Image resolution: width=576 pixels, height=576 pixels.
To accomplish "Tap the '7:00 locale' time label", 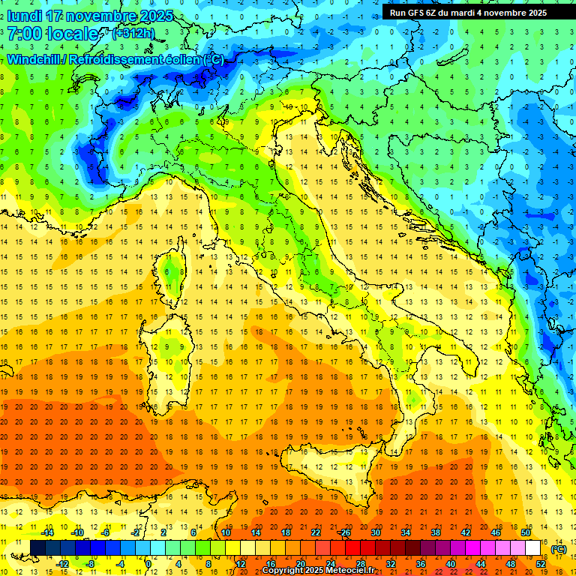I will (53, 33).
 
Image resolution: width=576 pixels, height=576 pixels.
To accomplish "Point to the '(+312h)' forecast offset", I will (133, 33).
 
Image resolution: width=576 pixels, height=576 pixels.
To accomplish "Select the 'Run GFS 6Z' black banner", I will (468, 12).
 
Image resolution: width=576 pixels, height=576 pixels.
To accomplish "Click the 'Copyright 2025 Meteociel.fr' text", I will (318, 571).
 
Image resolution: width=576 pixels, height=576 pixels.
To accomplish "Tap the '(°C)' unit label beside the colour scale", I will (558, 549).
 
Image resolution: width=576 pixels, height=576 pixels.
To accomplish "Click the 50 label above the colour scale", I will (526, 532).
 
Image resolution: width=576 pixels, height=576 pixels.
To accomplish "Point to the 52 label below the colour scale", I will (541, 563).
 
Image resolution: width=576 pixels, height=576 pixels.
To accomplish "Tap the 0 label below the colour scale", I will (148, 563).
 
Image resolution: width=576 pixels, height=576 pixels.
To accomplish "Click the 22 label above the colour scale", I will (316, 532).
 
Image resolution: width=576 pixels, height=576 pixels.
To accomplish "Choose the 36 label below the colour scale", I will (421, 563).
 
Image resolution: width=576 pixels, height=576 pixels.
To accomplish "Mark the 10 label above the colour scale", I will (226, 532).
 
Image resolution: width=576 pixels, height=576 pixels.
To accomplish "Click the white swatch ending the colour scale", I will (533, 547).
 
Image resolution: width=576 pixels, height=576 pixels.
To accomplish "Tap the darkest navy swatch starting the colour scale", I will (37, 547).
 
